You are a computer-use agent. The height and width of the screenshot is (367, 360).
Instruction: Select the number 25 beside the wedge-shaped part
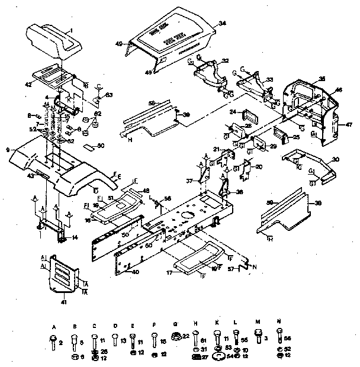(x=297, y=137)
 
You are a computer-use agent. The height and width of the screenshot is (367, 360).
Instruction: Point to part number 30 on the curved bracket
(x=336, y=159)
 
